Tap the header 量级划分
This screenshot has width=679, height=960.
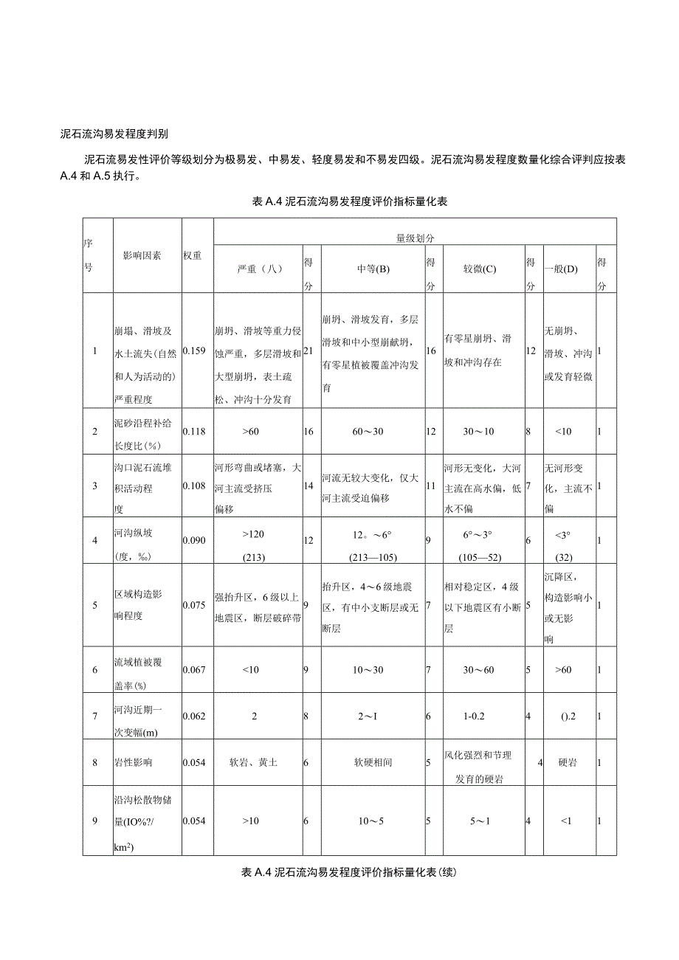tap(415, 239)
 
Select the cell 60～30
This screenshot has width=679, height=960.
tap(367, 431)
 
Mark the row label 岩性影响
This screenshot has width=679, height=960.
tap(133, 762)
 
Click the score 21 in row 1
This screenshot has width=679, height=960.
tap(309, 350)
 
